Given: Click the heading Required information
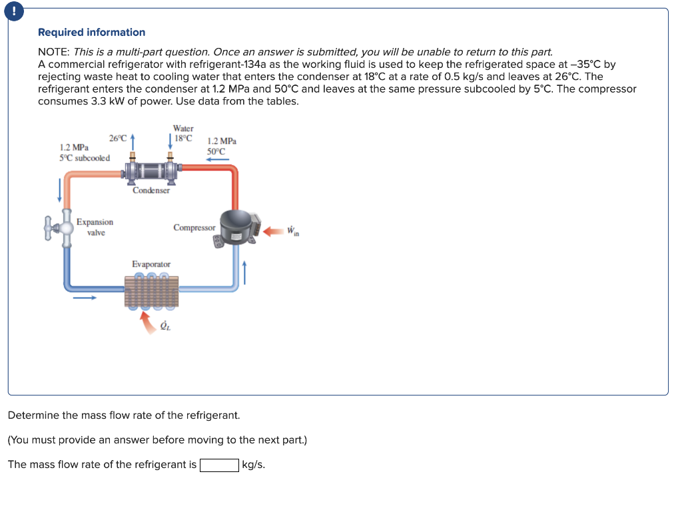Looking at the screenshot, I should coord(91,32).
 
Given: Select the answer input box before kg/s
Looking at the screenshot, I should coord(219,465).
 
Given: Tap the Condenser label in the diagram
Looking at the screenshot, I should coord(151,190).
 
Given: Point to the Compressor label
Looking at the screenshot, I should coord(194,228).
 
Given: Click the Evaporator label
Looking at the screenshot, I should coord(151,264).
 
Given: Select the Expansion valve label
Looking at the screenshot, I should coord(95,227).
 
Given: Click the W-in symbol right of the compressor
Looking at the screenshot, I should coord(292,232).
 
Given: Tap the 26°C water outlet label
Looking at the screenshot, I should coord(117,138).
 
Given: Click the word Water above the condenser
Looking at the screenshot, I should coord(183,129).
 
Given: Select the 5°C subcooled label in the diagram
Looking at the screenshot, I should coord(85,158).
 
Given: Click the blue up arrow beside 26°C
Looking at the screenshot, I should coord(133,141).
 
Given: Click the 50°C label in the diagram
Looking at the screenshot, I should coord(217,151).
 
